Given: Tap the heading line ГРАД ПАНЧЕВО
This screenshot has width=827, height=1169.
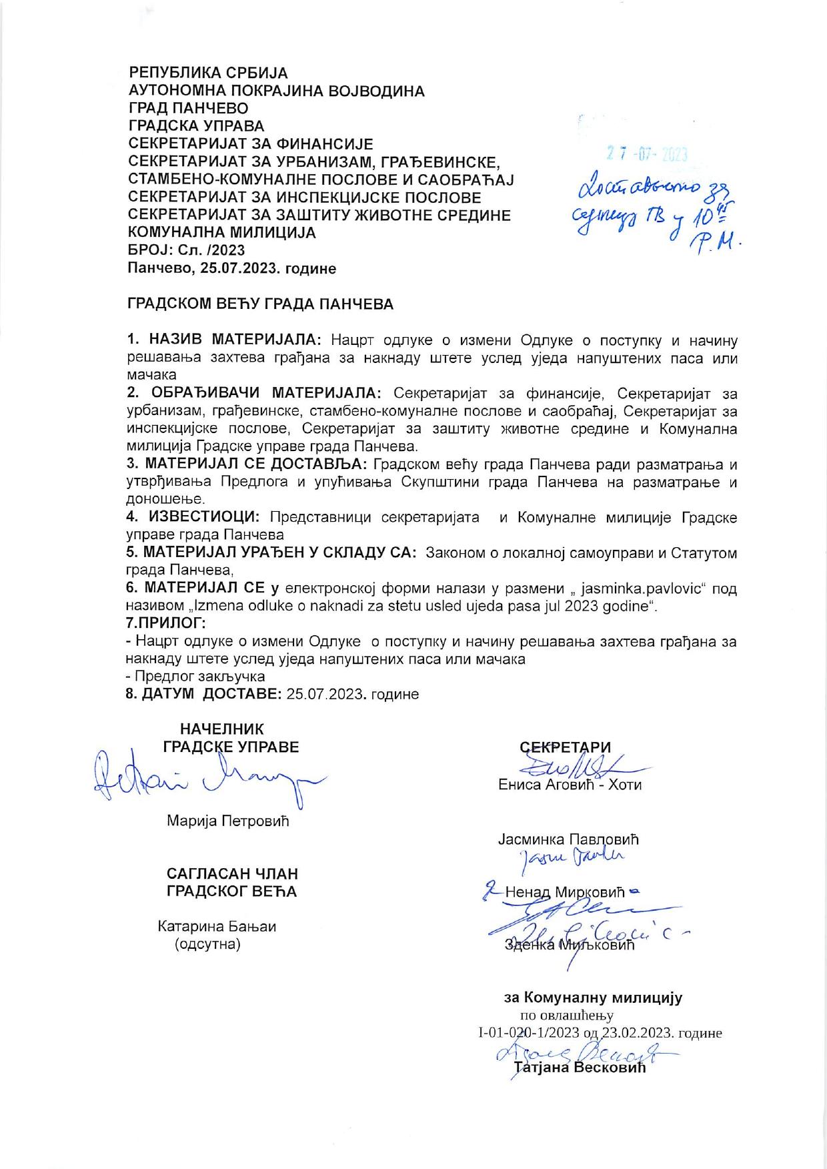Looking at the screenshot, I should [x=188, y=108].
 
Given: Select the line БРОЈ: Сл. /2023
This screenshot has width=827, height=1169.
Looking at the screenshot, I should [x=186, y=251].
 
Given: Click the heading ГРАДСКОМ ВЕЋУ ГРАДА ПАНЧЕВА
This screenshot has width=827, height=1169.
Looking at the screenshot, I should [x=261, y=304].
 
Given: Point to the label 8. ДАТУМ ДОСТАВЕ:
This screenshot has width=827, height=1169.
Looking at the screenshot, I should [x=204, y=694].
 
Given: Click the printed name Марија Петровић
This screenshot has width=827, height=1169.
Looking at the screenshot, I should [x=228, y=821].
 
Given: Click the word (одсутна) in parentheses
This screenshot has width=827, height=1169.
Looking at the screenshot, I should [x=207, y=944].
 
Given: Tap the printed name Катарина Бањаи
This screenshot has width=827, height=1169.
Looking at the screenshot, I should [x=217, y=926].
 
